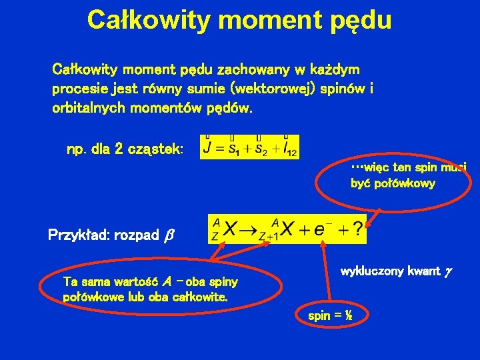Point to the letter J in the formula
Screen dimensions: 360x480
click(209, 147)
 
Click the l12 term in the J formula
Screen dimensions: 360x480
click(289, 147)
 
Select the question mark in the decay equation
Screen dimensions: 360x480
click(357, 230)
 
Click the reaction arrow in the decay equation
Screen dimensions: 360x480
click(251, 230)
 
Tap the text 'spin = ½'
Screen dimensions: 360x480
click(330, 316)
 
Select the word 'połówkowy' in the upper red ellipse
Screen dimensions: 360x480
click(393, 183)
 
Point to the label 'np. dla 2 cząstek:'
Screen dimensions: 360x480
click(125, 147)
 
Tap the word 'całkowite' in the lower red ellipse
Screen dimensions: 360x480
click(200, 296)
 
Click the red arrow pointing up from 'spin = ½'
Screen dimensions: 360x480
click(326, 273)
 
